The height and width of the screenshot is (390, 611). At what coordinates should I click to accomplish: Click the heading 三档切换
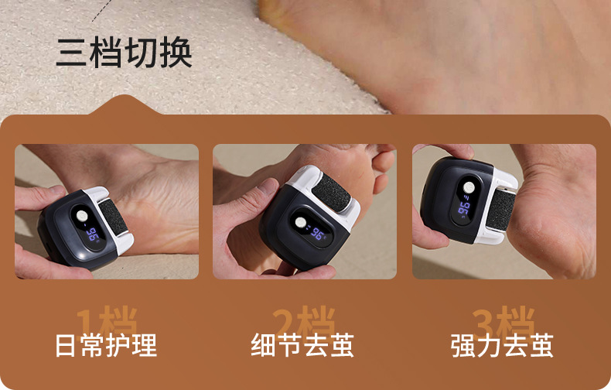(124, 53)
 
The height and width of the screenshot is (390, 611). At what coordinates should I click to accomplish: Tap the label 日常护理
(106, 345)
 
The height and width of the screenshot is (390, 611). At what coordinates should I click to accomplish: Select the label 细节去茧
(303, 345)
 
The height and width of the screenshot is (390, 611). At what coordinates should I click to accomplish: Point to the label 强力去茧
(502, 345)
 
